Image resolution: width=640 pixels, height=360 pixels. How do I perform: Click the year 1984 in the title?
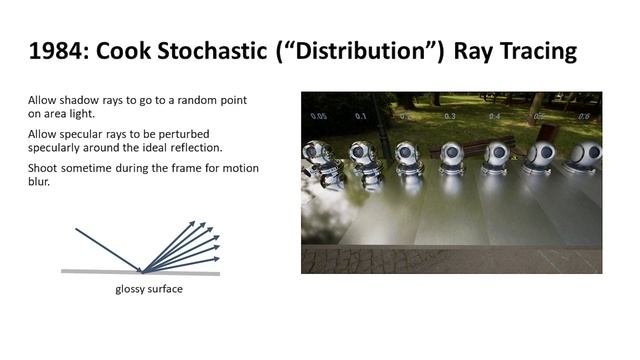point(53,51)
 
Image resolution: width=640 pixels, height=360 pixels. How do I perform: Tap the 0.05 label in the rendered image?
point(318,116)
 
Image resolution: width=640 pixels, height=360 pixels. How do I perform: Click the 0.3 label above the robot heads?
point(450,117)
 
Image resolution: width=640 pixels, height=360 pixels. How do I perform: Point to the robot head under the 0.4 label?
point(497,155)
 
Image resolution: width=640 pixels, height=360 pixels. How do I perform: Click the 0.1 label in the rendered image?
point(360,116)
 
